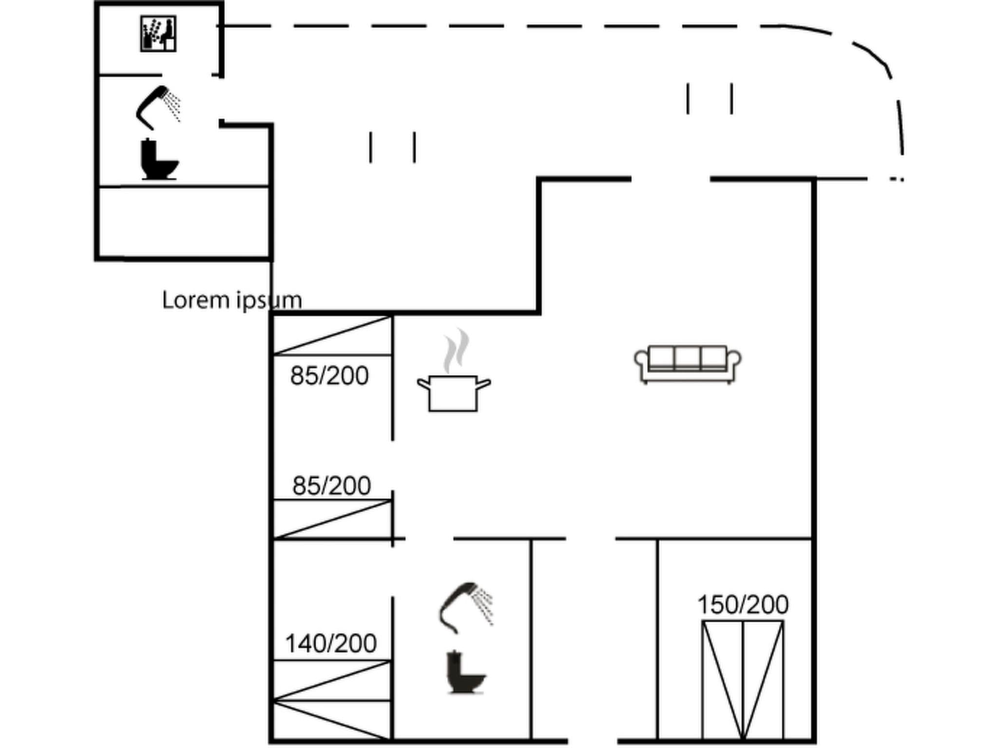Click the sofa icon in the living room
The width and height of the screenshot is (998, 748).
[688, 364]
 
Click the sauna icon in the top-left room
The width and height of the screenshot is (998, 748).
[158, 34]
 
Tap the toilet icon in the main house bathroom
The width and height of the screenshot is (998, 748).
[465, 673]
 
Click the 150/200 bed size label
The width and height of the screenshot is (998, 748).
[743, 605]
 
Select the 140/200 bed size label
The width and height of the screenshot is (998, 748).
[331, 643]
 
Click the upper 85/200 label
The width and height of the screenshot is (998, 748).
[329, 376]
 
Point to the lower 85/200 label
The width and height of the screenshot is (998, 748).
[331, 486]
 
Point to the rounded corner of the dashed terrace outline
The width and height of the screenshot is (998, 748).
[872, 54]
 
